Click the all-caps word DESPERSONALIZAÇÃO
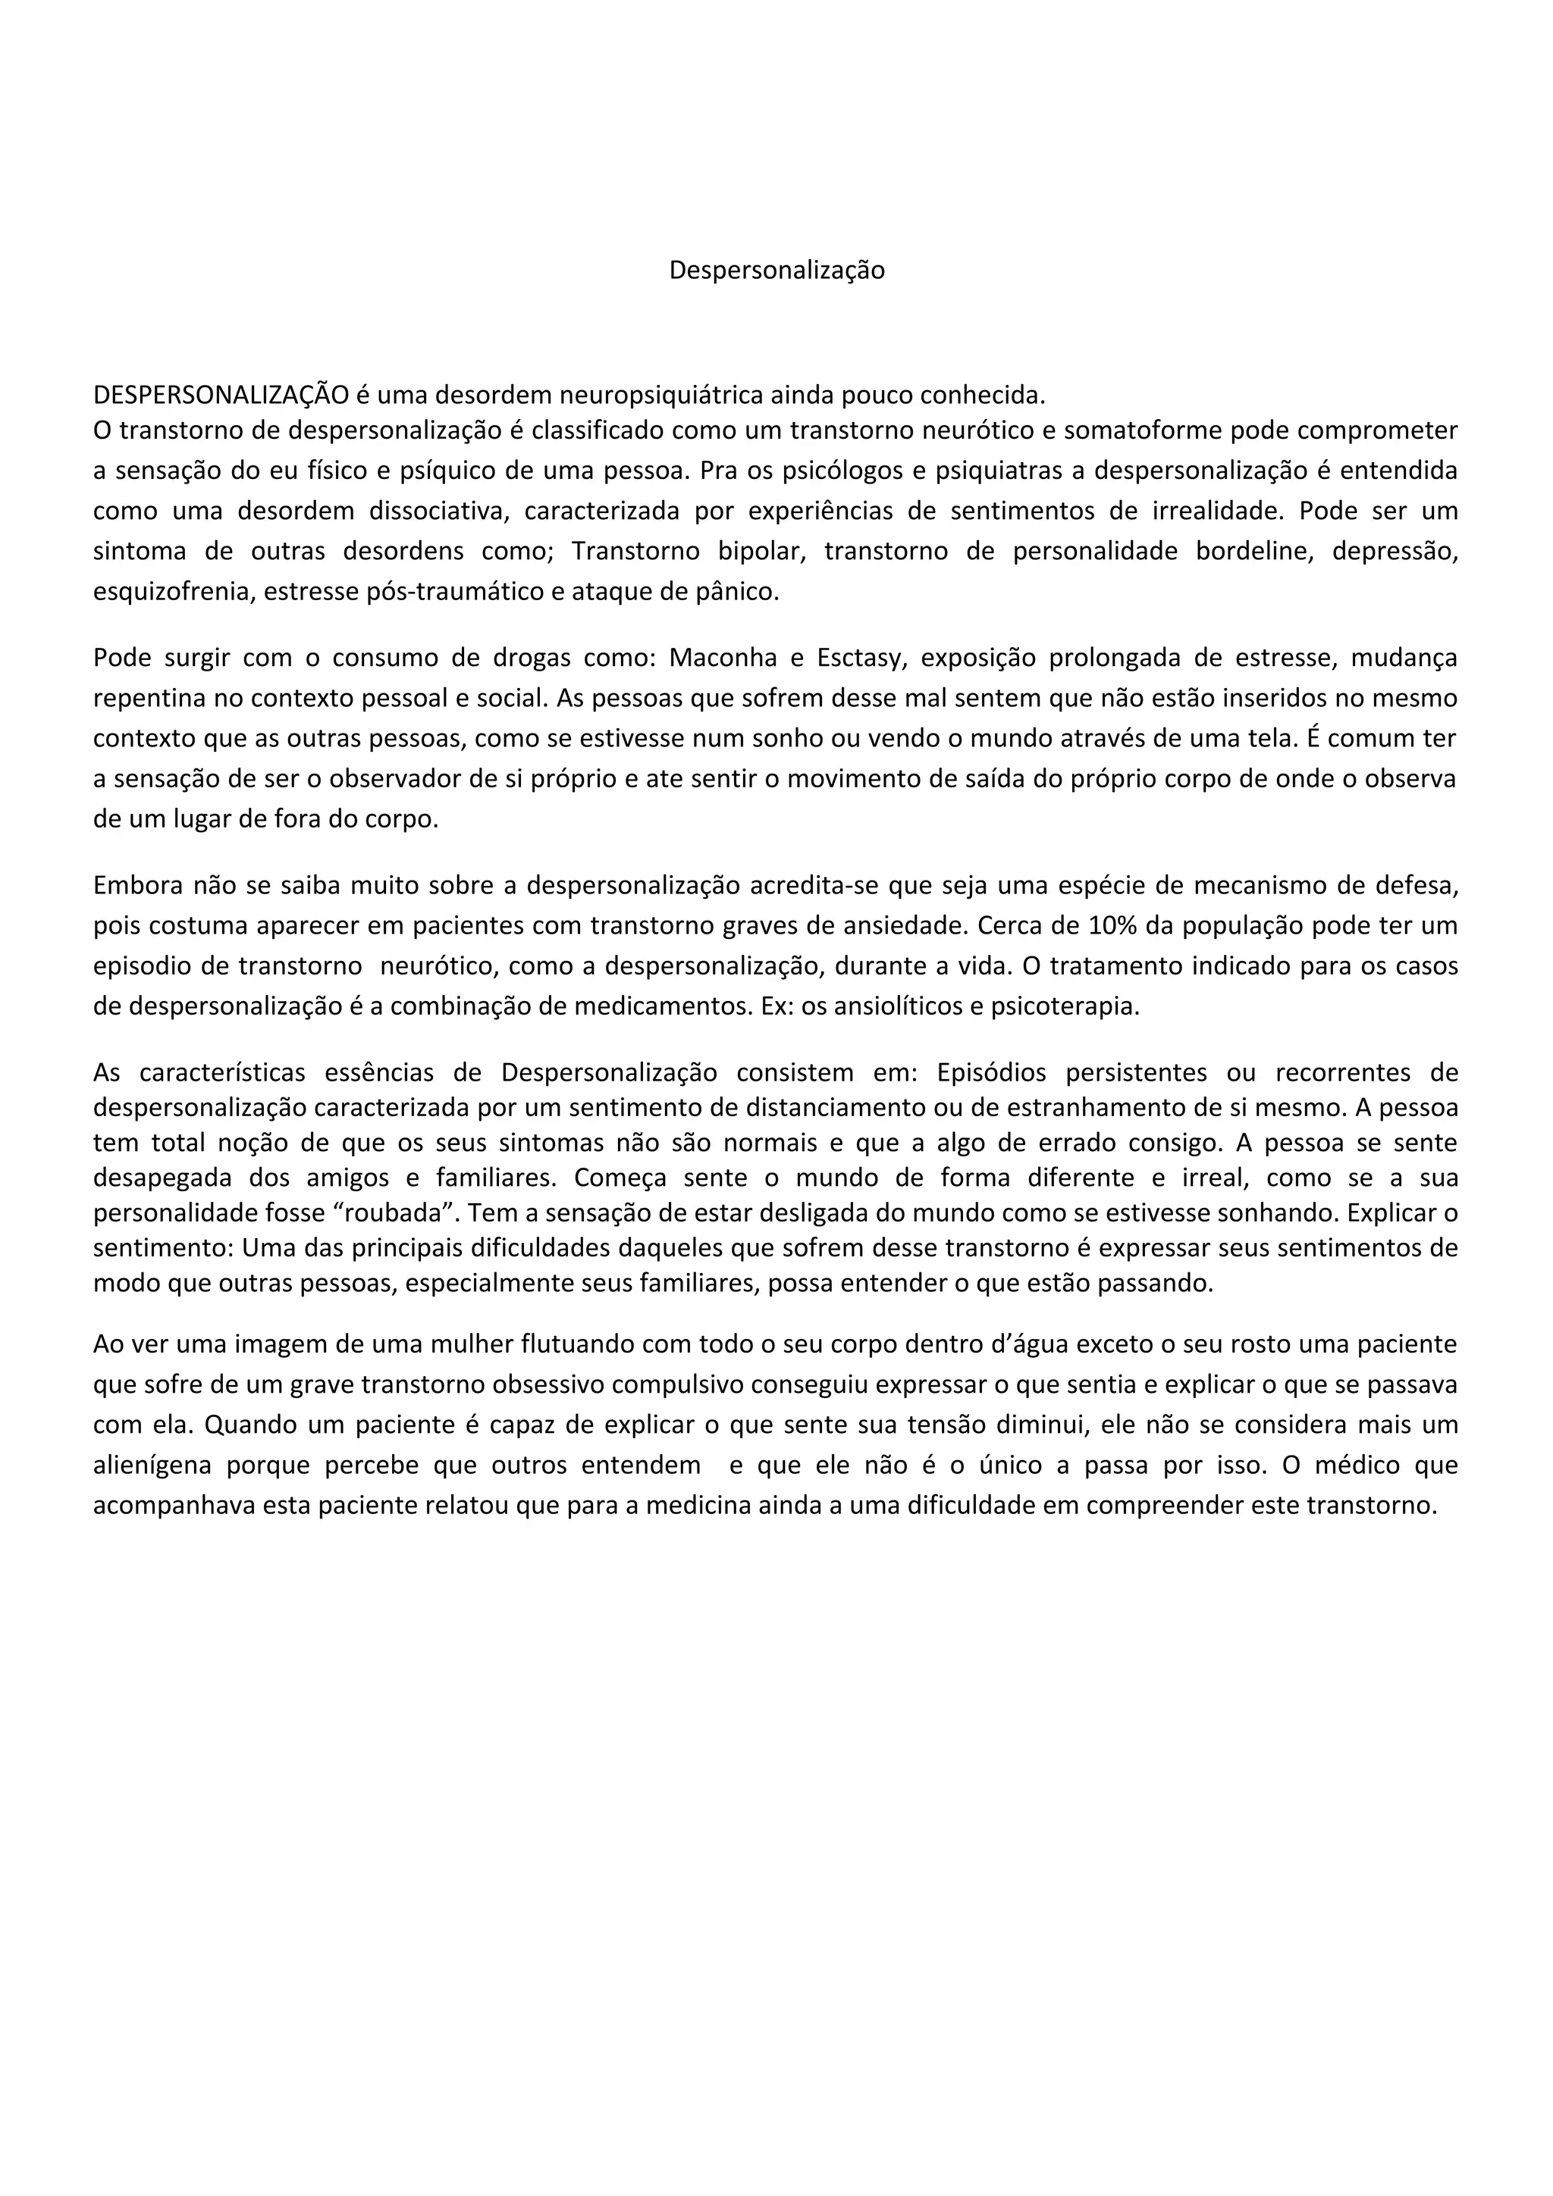tap(221, 395)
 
